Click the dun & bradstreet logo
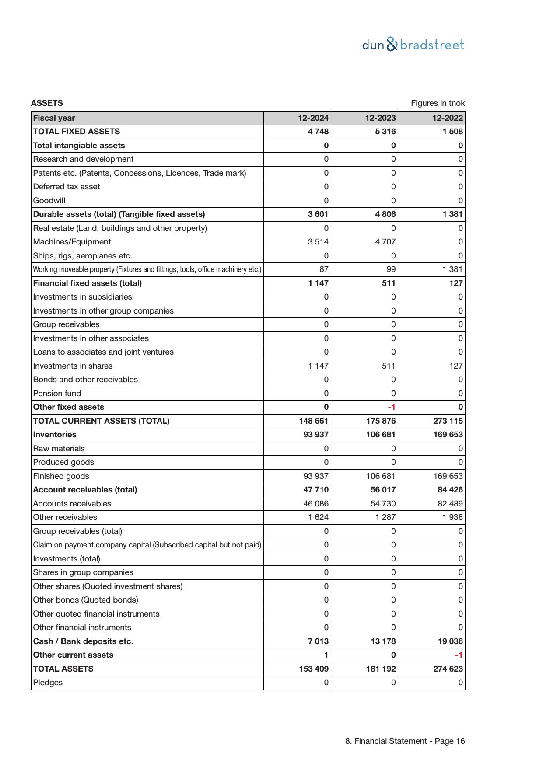[x=413, y=45]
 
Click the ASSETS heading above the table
[x=47, y=103]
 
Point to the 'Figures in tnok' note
[x=438, y=103]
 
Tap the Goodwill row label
[x=49, y=201]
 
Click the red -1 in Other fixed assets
[x=392, y=407]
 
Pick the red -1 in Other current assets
[x=459, y=655]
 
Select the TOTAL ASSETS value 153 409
[x=314, y=669]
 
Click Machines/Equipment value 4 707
[x=385, y=242]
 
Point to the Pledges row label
[x=48, y=683]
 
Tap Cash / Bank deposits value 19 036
[x=450, y=641]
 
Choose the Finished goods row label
[x=61, y=476]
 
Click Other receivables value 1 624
[x=318, y=517]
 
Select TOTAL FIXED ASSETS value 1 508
[x=452, y=132]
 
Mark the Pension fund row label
[x=57, y=394]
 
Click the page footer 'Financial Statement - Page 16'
[x=405, y=741]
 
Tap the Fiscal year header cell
[x=54, y=118]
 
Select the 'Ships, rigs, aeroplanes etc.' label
[x=82, y=256]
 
